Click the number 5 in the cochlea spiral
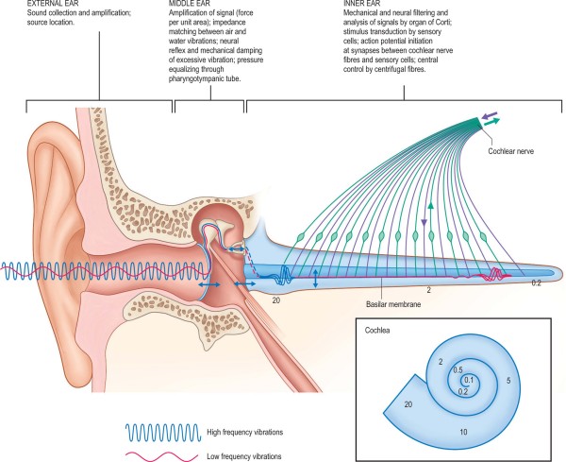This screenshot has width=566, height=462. pyautogui.click(x=508, y=380)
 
